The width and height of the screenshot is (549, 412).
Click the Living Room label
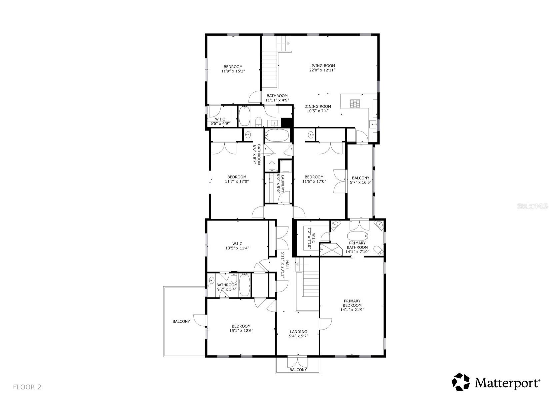[322, 66]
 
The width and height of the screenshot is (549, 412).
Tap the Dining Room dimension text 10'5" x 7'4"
[318, 111]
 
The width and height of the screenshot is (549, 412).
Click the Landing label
[298, 332]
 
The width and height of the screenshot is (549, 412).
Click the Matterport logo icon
[461, 382]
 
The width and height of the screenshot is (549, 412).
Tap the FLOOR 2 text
[27, 387]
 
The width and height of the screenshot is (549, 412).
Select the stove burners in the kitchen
[354, 104]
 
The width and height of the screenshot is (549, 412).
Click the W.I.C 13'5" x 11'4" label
[237, 246]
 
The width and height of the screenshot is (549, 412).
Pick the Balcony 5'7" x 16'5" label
[360, 180]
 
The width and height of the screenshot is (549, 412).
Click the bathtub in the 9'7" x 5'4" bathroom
[244, 285]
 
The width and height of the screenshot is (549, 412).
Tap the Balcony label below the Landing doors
[298, 370]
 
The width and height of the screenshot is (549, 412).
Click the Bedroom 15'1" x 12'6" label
[241, 328]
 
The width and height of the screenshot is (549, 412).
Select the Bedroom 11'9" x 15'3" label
[233, 69]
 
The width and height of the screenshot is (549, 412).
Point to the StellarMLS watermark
[532, 206]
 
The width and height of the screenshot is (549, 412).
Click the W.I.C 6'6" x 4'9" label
[220, 121]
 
